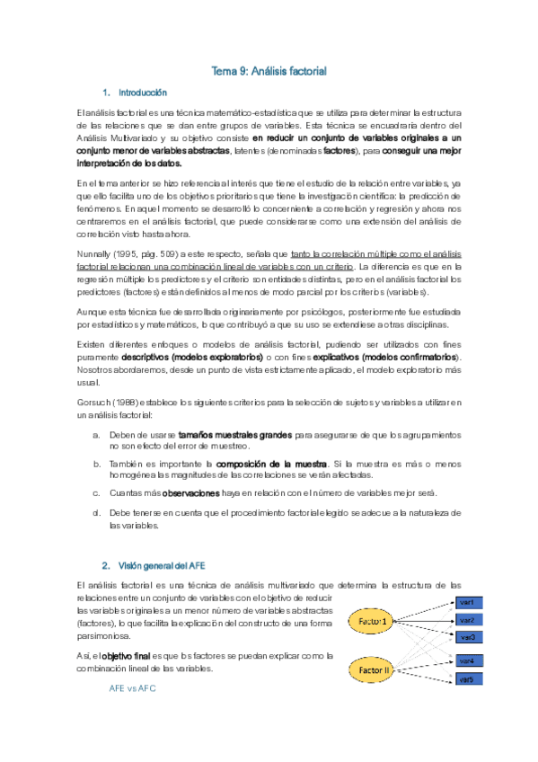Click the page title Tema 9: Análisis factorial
269,70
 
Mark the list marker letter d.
96,511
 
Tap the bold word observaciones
190,493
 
